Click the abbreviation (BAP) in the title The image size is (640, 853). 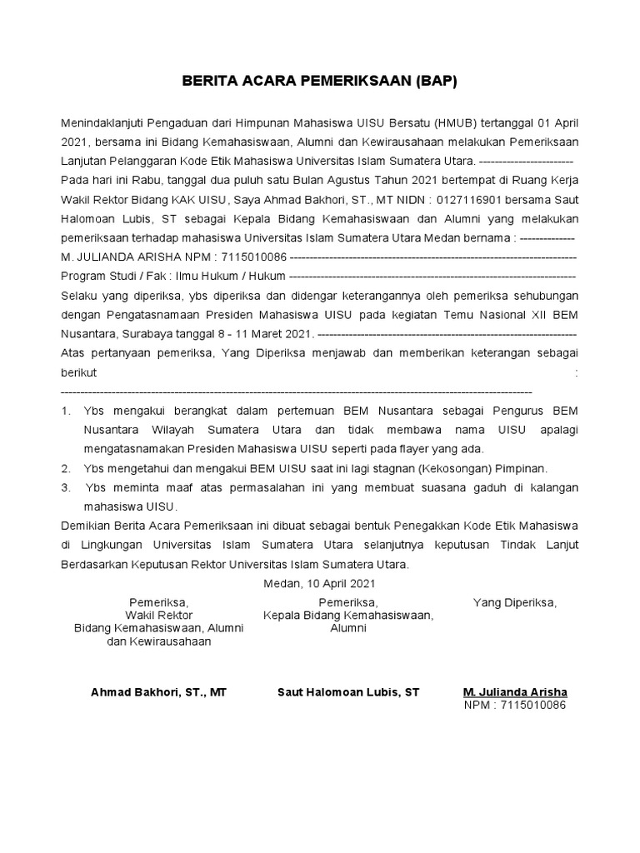[432, 82]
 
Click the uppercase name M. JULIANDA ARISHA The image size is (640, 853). [122, 257]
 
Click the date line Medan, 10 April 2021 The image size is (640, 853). [319, 584]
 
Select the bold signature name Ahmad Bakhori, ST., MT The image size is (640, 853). [158, 692]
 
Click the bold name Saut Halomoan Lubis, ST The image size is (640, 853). [348, 692]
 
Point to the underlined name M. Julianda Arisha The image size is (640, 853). [515, 692]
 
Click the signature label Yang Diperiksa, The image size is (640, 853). [515, 602]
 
